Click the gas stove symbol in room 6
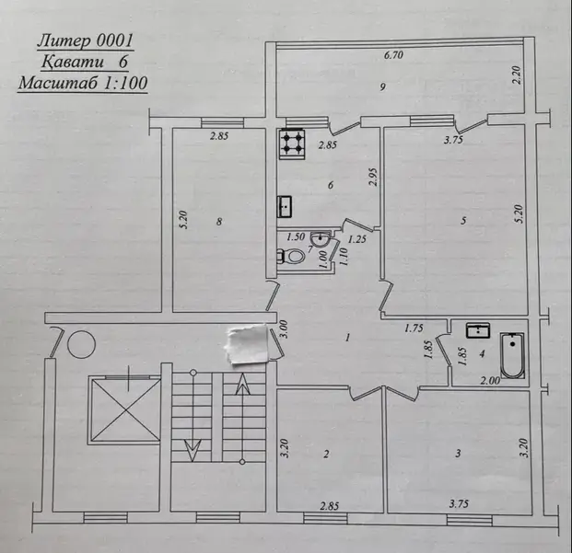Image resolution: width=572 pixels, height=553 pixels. [293, 143]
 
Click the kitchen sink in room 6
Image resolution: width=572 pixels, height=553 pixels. [285, 207]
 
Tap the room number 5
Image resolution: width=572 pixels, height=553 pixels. [463, 220]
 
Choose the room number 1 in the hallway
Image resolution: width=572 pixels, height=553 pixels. [346, 338]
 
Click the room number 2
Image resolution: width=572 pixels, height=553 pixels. [325, 454]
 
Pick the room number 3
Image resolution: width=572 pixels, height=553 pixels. [458, 454]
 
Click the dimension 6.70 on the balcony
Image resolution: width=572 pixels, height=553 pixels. [395, 56]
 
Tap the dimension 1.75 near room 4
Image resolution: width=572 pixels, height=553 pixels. [414, 328]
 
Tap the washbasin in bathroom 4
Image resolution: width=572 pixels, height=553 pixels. [479, 329]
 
